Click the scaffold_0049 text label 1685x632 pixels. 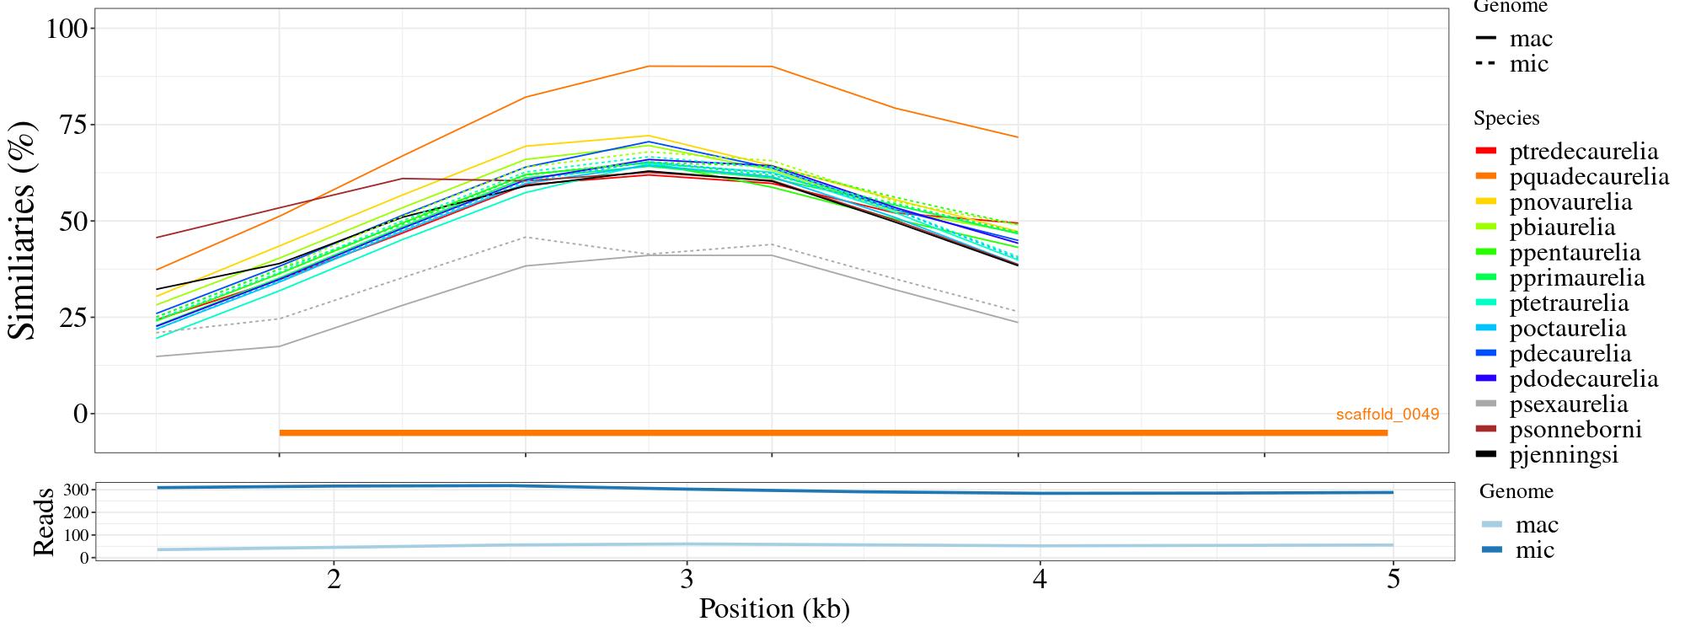click(1387, 415)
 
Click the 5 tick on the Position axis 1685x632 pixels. click(1393, 580)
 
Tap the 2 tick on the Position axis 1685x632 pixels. click(334, 580)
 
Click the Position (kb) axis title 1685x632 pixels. click(773, 608)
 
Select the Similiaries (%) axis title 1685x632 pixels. click(23, 229)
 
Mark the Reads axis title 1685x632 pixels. click(44, 522)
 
